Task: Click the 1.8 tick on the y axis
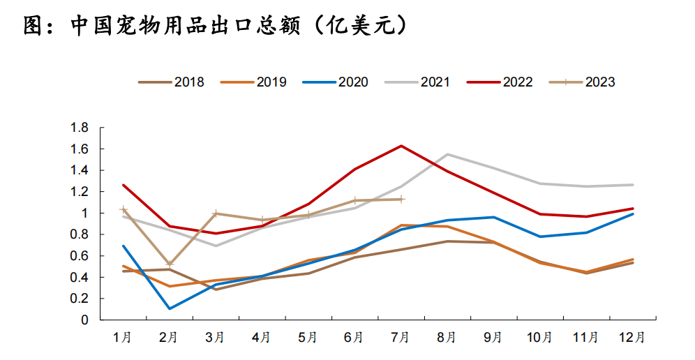(80, 128)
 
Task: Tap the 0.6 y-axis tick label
(80, 256)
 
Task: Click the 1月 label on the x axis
(123, 338)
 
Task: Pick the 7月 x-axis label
(401, 338)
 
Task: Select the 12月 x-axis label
(631, 338)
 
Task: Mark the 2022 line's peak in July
(401, 146)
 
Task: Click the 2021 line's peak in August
(447, 154)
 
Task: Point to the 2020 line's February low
(170, 308)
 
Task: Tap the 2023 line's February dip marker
(170, 264)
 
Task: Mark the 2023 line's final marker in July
(401, 199)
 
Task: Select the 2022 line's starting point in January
(124, 185)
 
